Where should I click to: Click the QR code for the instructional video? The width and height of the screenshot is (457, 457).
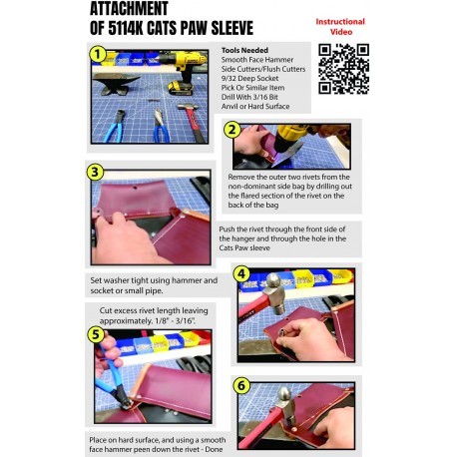343,69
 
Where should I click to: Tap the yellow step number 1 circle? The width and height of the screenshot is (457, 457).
98,54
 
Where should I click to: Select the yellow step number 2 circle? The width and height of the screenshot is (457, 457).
232,130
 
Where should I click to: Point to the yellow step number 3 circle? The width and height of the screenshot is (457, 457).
95,173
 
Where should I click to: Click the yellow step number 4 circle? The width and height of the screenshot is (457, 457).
241,274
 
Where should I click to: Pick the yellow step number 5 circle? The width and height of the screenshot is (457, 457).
96,334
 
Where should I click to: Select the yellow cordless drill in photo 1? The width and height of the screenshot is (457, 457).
182,72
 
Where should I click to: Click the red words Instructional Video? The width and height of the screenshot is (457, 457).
340,27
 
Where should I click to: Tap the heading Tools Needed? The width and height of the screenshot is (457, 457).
244,50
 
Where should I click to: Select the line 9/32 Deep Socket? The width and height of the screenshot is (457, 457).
249,78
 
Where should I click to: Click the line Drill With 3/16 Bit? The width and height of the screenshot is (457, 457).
249,97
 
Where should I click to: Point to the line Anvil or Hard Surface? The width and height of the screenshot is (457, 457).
255,106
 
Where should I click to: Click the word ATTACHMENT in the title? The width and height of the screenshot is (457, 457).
129,8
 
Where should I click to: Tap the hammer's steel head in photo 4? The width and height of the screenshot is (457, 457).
276,293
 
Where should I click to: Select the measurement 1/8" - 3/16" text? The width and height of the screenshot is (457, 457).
175,321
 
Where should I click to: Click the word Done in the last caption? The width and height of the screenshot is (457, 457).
214,449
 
